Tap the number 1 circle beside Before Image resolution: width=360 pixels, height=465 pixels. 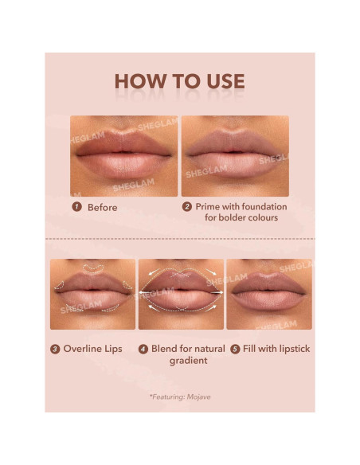(x=77, y=207)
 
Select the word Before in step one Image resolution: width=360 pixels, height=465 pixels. (x=102, y=207)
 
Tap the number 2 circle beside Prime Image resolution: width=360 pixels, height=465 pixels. (x=187, y=207)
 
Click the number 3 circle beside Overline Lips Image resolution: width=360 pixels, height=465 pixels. (x=55, y=349)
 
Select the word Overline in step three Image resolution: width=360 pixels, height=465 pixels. (x=82, y=349)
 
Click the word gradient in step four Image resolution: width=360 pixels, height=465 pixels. (x=188, y=361)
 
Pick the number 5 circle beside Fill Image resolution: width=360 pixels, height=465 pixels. (x=235, y=349)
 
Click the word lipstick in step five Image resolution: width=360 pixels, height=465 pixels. (x=290, y=349)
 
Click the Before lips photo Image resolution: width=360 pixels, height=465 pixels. (x=123, y=156)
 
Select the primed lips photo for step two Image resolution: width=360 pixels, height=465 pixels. (x=235, y=156)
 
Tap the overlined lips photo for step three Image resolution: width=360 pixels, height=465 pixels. (x=92, y=294)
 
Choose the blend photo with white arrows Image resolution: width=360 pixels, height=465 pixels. (x=180, y=294)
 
